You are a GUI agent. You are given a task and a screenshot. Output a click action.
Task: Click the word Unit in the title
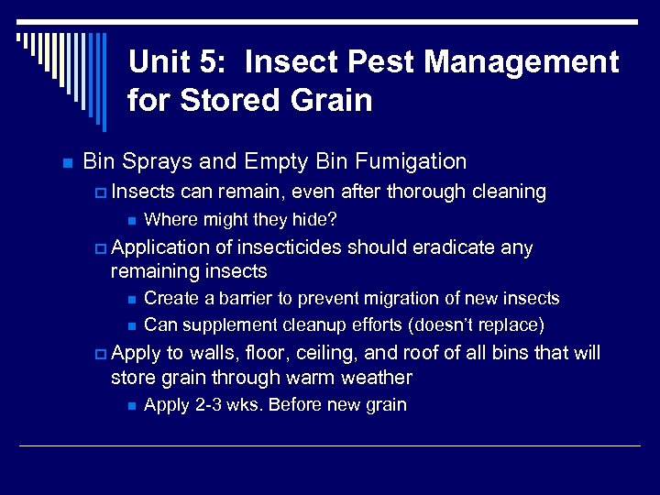pos(159,62)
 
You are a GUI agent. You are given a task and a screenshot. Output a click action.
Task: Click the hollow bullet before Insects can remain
pos(100,193)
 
